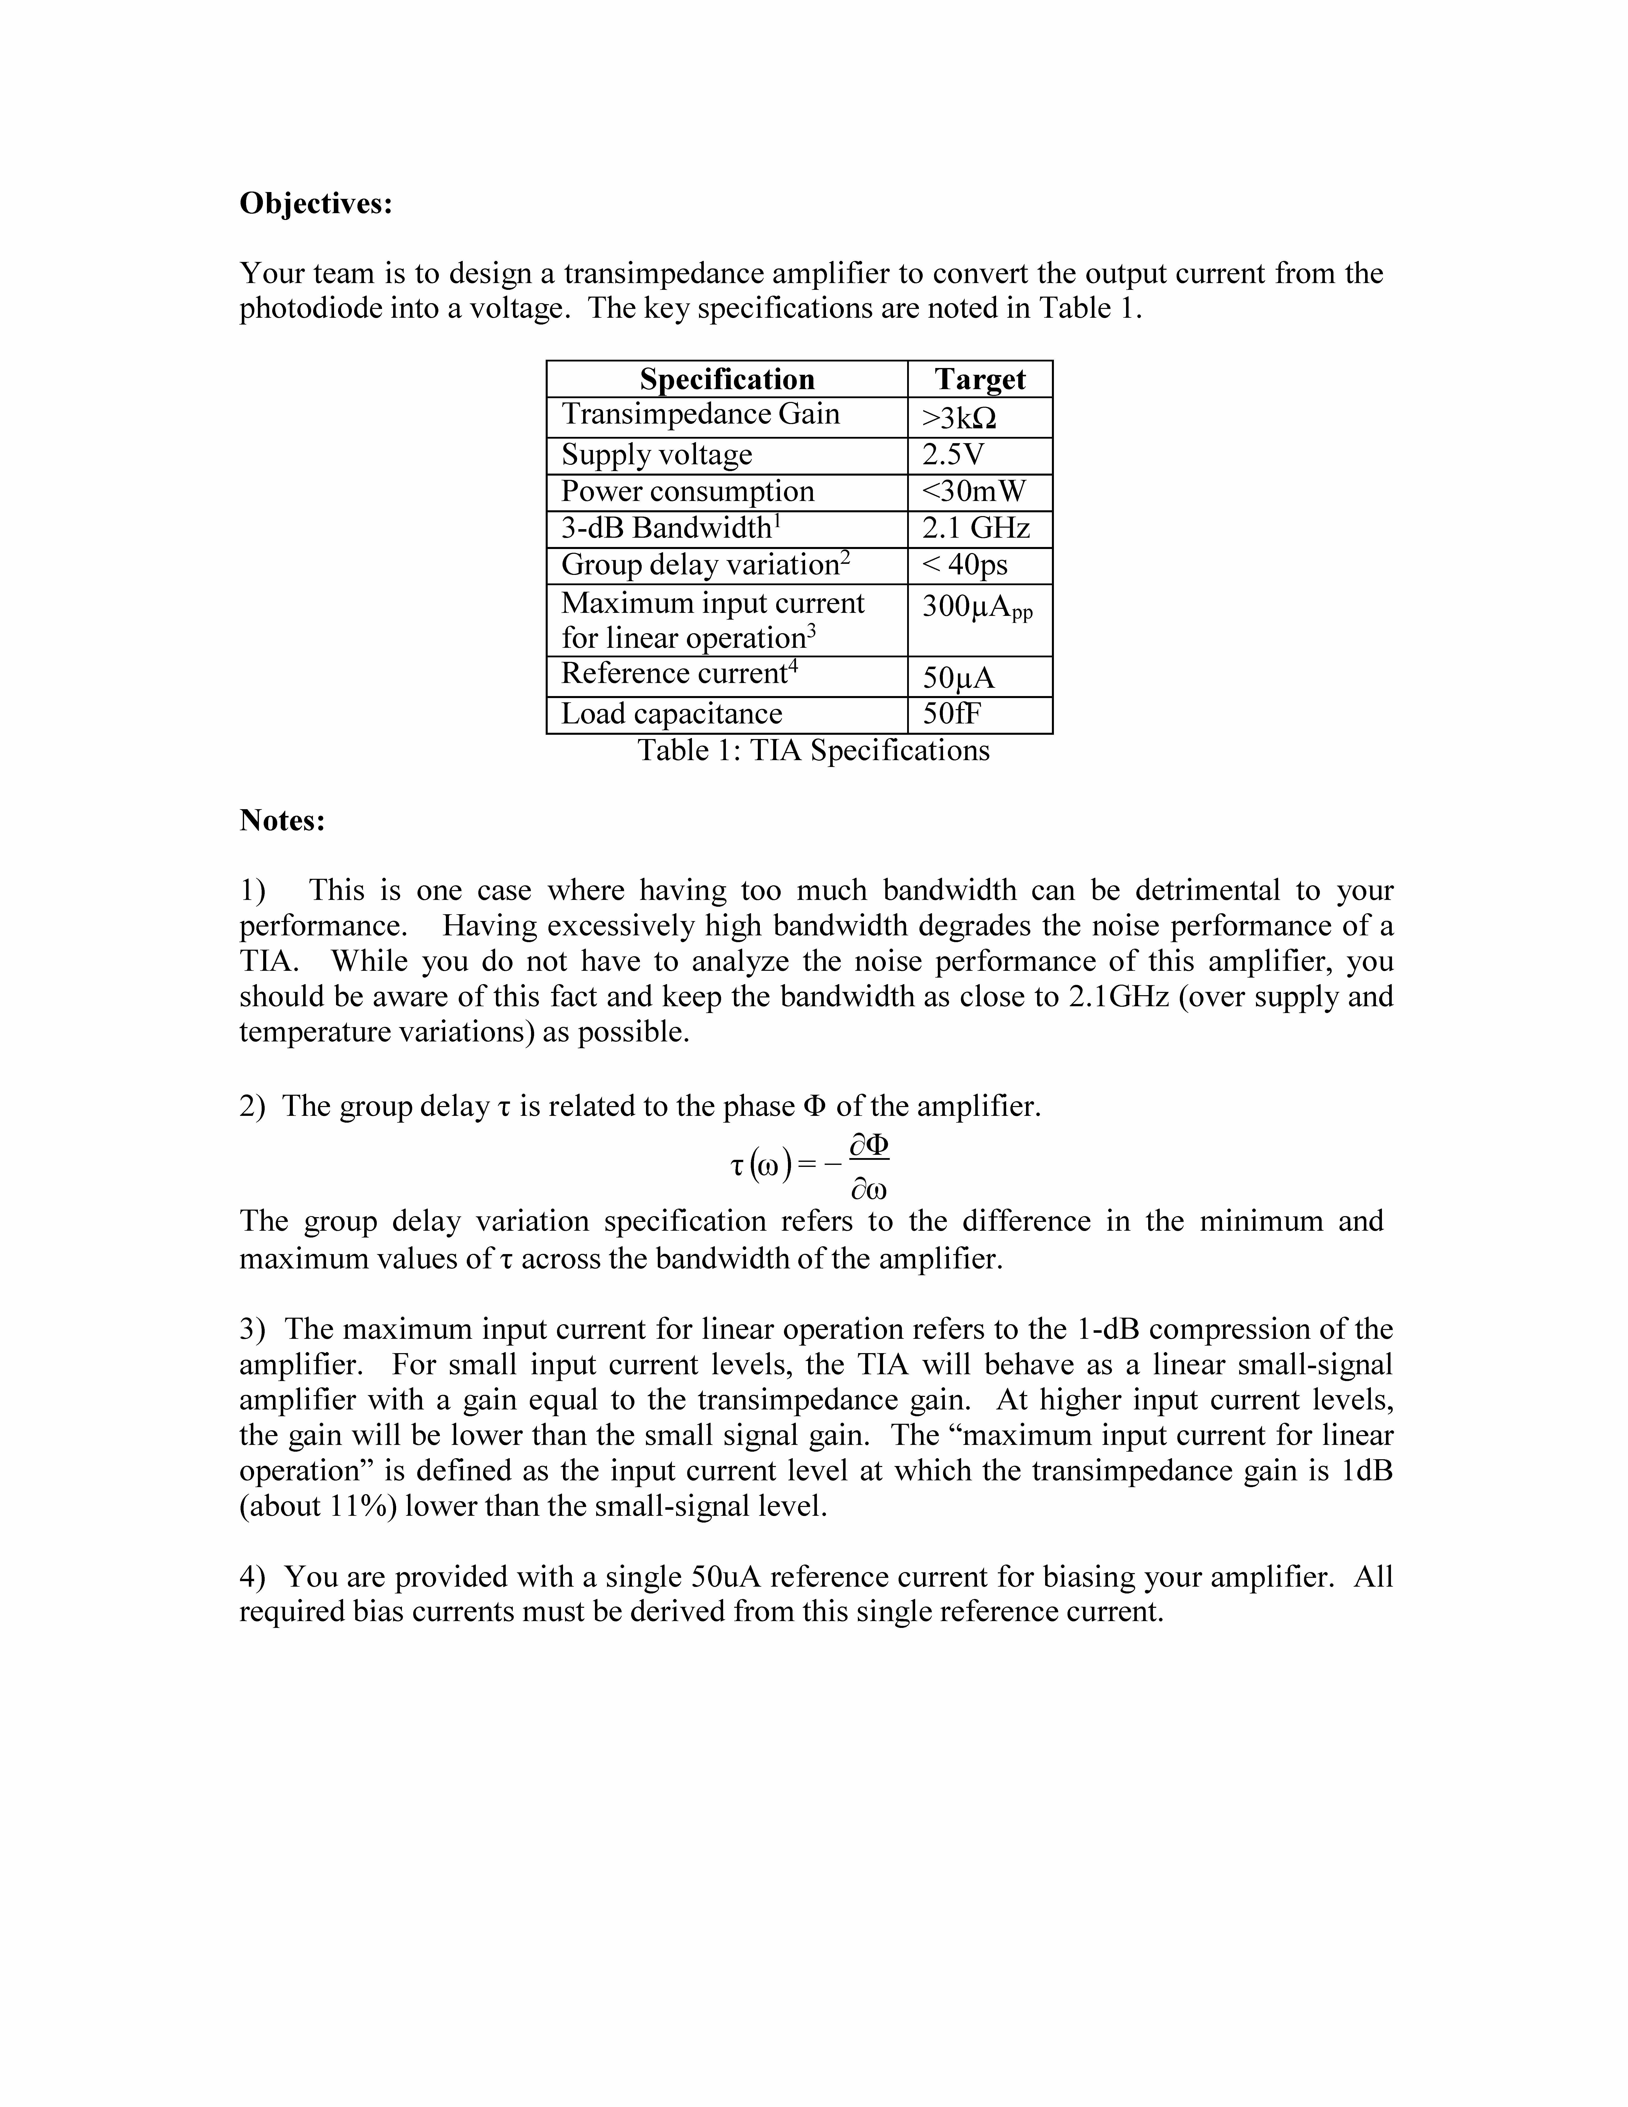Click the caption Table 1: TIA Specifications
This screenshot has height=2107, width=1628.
tap(813, 751)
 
